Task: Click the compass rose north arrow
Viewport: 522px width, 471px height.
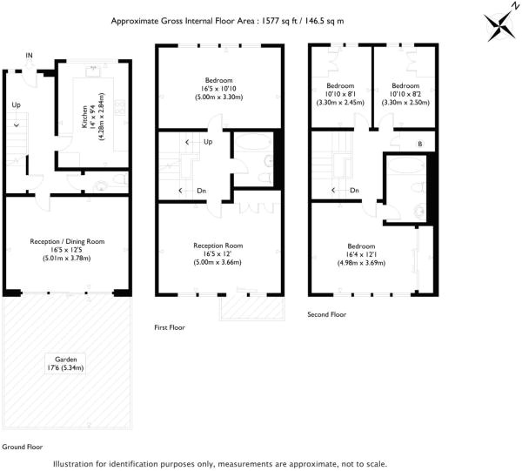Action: click(499, 24)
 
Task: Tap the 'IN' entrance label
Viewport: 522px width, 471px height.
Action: click(30, 56)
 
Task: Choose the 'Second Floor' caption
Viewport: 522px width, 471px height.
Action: click(327, 313)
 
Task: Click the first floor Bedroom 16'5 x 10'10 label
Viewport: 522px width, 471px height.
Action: click(218, 88)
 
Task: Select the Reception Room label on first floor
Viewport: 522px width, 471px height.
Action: click(217, 252)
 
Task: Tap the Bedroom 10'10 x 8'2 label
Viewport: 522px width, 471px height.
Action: click(405, 92)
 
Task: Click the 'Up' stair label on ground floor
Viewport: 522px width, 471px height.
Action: click(16, 105)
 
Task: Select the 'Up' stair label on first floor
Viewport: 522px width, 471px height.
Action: click(207, 141)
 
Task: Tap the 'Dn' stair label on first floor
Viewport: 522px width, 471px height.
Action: click(201, 191)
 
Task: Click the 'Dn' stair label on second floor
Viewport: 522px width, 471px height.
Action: click(354, 191)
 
